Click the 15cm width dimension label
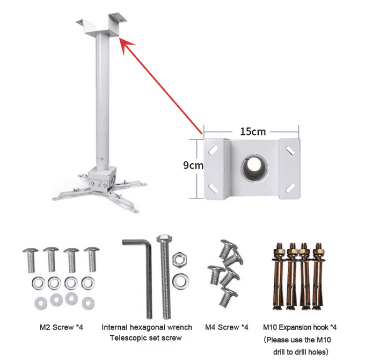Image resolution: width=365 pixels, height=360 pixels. (251, 131)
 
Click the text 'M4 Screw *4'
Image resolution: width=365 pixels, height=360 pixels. (227, 327)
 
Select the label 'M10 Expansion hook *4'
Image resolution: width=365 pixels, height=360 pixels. (300, 327)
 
